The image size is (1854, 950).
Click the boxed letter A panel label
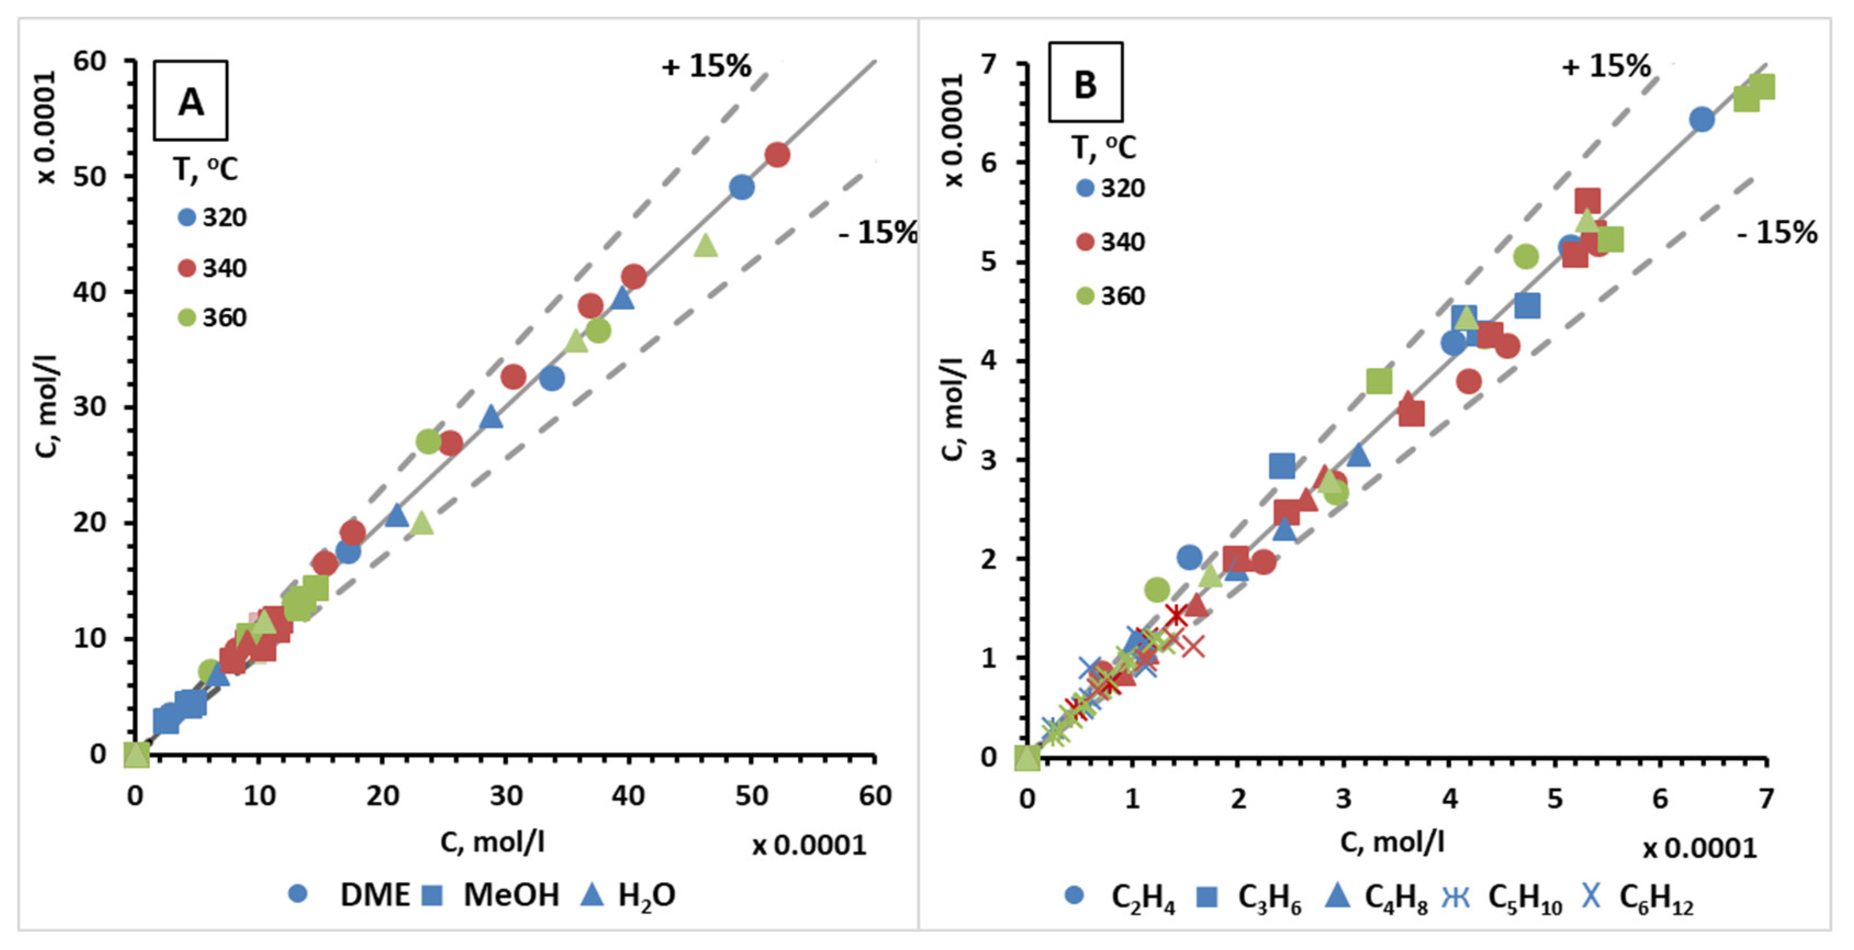191,100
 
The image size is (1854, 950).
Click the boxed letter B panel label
1085,83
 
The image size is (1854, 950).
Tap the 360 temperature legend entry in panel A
213,317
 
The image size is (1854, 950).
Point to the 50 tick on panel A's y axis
89,176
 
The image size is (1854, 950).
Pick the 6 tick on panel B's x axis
1660,799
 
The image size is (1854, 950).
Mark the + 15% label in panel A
706,66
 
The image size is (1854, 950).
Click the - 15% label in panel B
1776,232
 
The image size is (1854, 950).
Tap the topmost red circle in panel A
777,155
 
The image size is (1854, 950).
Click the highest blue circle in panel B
1701,120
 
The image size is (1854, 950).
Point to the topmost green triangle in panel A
706,246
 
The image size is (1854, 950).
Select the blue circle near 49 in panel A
741,187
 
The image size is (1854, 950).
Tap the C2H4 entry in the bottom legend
1142,898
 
